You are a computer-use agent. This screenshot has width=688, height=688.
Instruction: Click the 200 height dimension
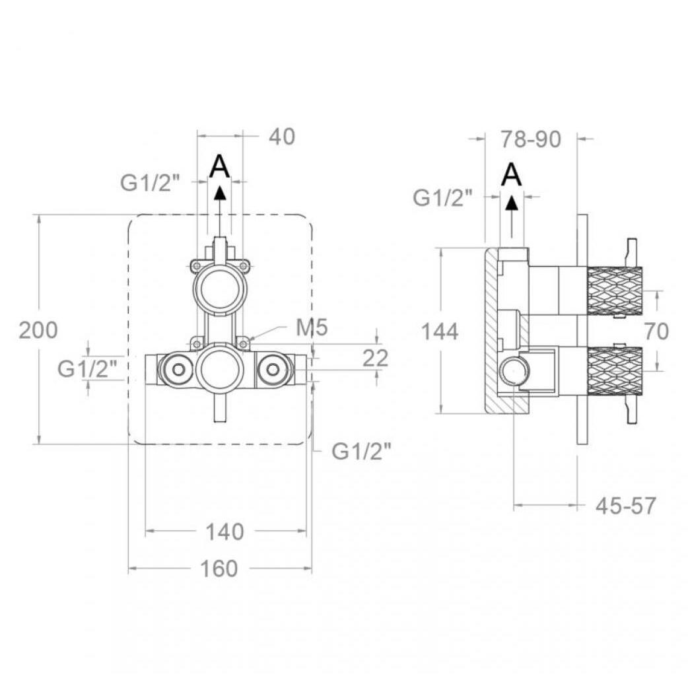coord(38,330)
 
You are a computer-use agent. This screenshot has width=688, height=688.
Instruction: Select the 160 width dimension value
coord(219,568)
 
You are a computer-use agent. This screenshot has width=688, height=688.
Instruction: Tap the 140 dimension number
coord(224,532)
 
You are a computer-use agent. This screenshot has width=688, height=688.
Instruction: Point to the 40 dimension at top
coord(282,137)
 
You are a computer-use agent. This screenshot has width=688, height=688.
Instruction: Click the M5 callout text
coord(312,327)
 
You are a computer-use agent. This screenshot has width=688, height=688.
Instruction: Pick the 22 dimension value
coord(376,358)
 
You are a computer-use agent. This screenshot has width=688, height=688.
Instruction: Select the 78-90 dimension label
coord(531,139)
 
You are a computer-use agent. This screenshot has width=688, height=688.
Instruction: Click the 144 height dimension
coord(440,331)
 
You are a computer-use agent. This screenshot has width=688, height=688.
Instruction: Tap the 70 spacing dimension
coord(656,331)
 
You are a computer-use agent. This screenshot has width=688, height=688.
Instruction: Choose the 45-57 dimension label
coord(625,506)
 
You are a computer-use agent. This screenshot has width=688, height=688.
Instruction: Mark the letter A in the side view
coord(512,174)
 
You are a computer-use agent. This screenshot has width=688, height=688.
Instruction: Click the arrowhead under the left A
coord(221,193)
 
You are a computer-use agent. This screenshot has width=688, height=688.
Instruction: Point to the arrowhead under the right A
coord(512,202)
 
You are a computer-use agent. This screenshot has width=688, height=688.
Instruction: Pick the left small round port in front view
coord(178,370)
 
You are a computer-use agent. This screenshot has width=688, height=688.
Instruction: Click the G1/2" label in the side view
coord(443,198)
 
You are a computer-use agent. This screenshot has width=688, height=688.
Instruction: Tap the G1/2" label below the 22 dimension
coord(361,450)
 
